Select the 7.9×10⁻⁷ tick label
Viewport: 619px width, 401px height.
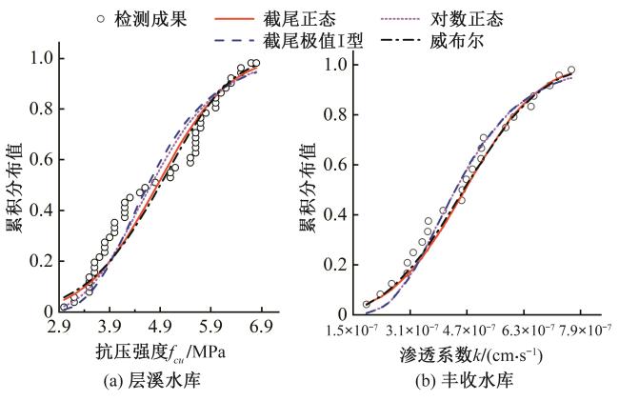click(581, 330)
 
